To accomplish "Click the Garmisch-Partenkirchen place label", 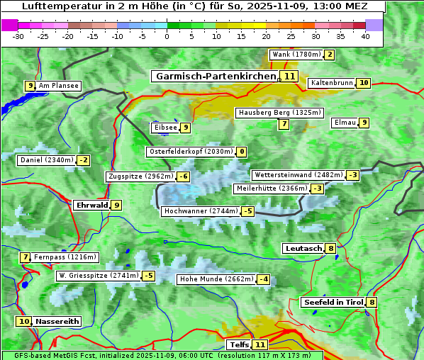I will pos(215,76).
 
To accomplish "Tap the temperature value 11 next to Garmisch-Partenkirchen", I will pos(289,76).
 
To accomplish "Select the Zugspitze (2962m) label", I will pos(140,176).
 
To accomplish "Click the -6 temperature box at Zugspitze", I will pos(184,176).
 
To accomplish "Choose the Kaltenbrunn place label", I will pos(331,83).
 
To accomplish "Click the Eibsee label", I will pos(164,128).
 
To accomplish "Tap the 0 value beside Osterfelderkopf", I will pos(242,152).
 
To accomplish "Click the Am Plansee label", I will pos(58,86).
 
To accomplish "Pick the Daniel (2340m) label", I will pos(47,160).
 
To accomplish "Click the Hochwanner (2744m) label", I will pos(201,211).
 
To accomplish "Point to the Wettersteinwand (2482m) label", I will pos(298,175).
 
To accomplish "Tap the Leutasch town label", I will pos(303,248).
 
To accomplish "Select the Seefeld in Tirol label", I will pos(333,302).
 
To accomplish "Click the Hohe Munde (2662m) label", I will pos(216,279).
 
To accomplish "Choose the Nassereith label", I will pos(57,321).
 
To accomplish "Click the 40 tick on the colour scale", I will pos(365,36).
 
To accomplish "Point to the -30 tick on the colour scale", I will pos(18,36).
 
